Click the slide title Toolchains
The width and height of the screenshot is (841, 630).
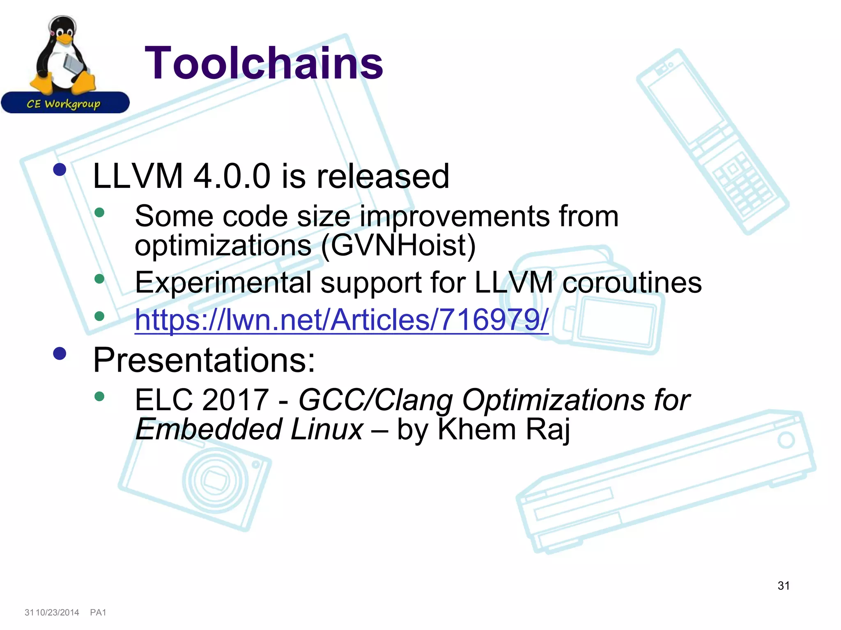tap(264, 63)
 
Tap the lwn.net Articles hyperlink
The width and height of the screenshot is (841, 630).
tap(341, 320)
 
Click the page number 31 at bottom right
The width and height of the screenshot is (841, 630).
tap(784, 586)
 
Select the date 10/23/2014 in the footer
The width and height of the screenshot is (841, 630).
tap(57, 612)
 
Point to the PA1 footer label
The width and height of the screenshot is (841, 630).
tap(98, 612)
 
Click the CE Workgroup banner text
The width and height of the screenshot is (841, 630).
tap(64, 104)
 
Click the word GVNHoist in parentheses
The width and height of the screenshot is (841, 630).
tap(398, 245)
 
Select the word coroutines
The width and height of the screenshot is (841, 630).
tap(632, 283)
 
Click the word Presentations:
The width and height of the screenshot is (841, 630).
tap(204, 360)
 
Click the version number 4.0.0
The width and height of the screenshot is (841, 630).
tap(232, 176)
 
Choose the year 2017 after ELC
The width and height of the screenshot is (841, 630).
tap(235, 400)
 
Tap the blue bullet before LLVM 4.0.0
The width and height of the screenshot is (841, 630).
tap(60, 170)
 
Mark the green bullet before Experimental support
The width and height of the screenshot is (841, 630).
tap(99, 279)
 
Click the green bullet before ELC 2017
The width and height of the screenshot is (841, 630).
tap(99, 396)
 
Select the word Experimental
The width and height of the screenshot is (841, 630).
tap(223, 283)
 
